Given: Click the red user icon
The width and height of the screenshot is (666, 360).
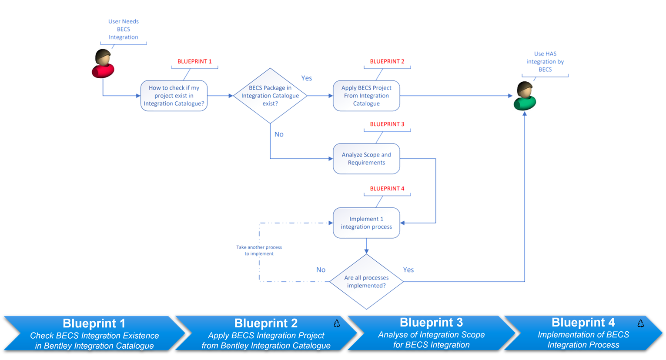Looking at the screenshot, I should click(103, 64).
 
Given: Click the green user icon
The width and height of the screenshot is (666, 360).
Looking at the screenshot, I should click(525, 96).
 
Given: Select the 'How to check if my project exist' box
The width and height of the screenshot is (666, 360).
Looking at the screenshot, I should click(174, 96).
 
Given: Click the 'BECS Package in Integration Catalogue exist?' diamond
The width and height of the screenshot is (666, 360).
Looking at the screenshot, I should click(270, 96).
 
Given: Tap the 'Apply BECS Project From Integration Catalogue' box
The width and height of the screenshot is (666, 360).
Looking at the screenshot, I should click(366, 96).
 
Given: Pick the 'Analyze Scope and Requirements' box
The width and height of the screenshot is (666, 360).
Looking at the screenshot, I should click(366, 159).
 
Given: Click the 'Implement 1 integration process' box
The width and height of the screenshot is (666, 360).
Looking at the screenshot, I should click(366, 223).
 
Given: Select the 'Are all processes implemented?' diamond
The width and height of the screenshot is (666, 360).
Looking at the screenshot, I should click(366, 282).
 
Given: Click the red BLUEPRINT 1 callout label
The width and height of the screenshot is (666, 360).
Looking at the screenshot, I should click(194, 62).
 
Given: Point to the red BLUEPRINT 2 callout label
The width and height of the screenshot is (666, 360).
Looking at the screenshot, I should click(387, 62).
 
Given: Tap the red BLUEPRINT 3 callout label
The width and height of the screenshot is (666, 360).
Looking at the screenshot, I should click(387, 124).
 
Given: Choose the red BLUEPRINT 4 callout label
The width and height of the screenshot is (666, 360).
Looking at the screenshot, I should click(387, 189).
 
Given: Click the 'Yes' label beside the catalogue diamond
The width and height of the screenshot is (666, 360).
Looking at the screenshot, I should click(307, 78).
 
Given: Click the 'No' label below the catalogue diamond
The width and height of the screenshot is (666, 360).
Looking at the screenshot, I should click(279, 135).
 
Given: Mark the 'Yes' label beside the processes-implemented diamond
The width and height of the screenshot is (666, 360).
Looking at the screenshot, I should click(408, 270).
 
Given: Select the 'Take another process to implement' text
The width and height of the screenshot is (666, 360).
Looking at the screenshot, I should click(259, 250).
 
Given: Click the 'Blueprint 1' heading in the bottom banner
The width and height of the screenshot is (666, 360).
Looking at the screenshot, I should click(94, 323).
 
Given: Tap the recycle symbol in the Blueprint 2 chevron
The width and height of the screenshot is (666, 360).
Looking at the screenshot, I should click(337, 323).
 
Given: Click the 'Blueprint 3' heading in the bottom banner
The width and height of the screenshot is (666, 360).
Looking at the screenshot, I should click(431, 323).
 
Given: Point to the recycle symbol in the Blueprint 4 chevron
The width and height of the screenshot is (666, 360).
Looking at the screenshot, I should click(640, 323).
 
